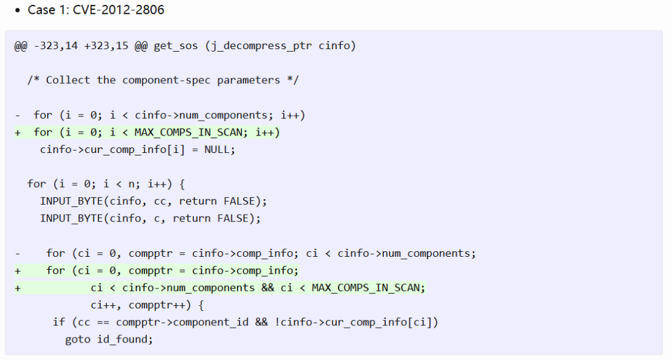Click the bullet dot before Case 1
[x=18, y=11]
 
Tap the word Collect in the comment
[x=68, y=80]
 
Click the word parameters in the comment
[x=249, y=80]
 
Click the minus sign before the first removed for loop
[x=18, y=115]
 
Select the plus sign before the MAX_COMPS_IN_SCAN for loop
[x=18, y=132]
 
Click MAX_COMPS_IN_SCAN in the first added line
[x=188, y=132]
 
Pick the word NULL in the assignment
[x=220, y=150]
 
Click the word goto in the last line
[x=77, y=339]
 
